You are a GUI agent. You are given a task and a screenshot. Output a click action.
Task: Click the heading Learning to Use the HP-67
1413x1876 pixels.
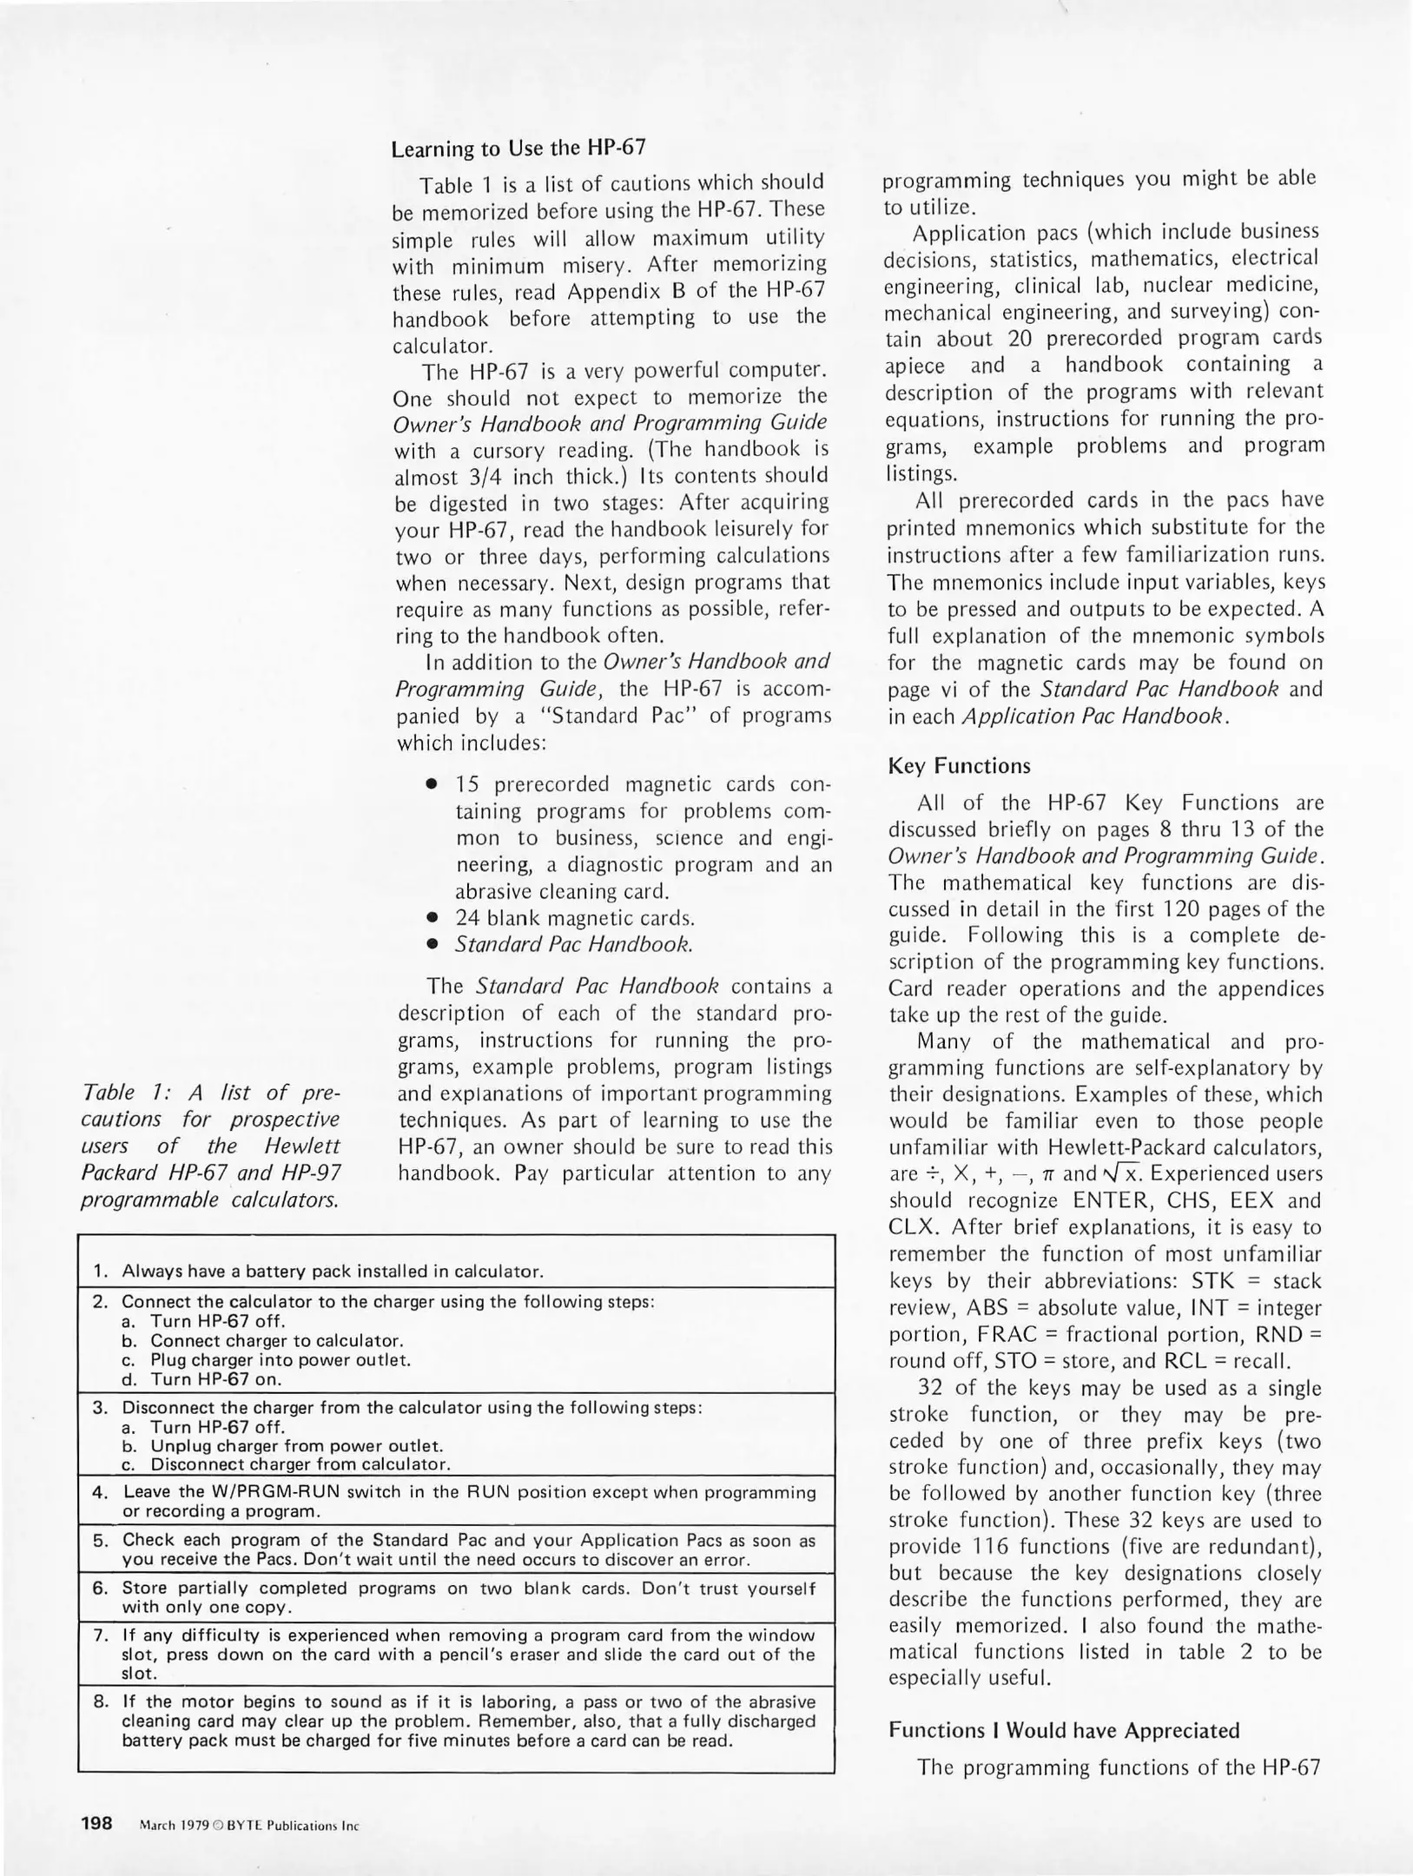coord(518,148)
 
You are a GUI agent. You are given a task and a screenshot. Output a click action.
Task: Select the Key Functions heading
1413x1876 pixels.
coord(959,766)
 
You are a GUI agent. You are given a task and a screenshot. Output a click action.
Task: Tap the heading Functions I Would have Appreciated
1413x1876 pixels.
coord(1064,1731)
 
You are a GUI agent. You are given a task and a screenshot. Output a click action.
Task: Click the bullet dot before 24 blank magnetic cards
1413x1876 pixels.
coord(431,918)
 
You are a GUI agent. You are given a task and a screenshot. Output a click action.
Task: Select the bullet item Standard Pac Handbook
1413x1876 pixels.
coord(574,945)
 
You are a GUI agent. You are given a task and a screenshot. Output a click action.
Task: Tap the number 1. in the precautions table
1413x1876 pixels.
coord(101,1272)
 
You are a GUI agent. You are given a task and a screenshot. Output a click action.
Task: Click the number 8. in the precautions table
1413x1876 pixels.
coord(100,1701)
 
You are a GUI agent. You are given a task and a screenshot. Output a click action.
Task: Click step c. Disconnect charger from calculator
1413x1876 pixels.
coord(300,1465)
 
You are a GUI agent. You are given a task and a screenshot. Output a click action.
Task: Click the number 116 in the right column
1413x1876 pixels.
coord(987,1546)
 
